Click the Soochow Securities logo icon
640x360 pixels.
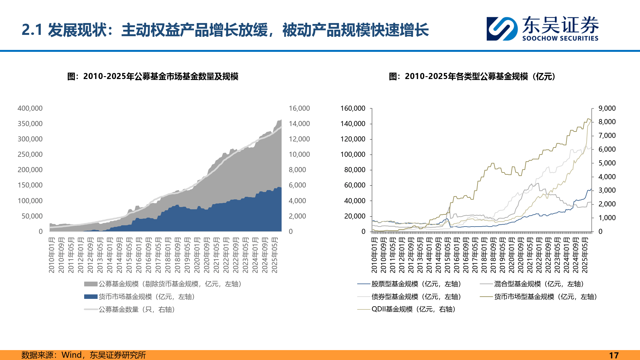point(502,29)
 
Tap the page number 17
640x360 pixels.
point(614,355)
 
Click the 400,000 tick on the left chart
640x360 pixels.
point(30,108)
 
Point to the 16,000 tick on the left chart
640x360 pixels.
point(299,108)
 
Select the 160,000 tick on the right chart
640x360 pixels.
point(353,108)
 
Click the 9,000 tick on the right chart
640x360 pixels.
point(607,108)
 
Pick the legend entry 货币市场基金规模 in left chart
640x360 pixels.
point(147,297)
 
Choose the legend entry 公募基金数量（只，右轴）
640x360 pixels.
point(137,309)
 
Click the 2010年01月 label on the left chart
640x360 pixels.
point(52,255)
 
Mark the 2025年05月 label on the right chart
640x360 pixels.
point(585,255)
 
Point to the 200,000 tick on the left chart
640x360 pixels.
point(30,170)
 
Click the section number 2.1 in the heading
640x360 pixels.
point(32,30)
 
